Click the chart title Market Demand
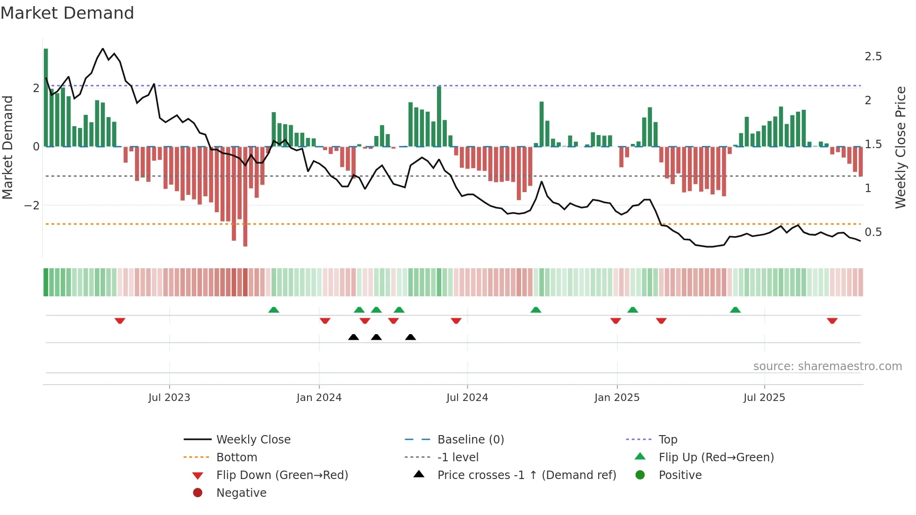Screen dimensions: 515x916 (67, 13)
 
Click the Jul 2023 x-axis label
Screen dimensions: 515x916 (169, 398)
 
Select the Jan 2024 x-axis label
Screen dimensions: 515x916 (319, 398)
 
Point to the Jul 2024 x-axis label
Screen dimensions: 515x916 (467, 398)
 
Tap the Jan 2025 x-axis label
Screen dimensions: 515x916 (616, 398)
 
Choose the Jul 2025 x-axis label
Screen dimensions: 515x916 (764, 398)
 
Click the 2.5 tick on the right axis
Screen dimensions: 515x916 (873, 57)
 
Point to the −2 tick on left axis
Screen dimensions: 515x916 (32, 205)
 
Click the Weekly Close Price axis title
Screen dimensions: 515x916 (900, 147)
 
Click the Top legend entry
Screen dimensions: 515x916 (667, 440)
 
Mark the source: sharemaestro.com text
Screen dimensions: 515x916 (827, 366)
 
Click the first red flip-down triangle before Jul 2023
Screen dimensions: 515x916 (120, 321)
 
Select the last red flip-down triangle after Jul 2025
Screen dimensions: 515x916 (832, 321)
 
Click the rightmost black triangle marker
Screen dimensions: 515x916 (410, 337)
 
